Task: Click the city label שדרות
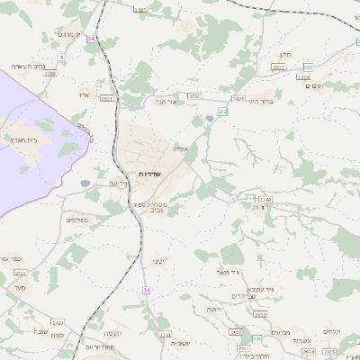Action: (x=148, y=173)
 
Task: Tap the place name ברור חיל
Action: (x=260, y=101)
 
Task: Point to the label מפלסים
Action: (x=76, y=220)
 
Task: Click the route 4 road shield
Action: (x=61, y=56)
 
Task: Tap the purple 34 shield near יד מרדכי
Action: (x=91, y=38)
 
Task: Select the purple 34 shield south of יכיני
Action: (x=146, y=290)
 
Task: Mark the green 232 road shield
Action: (x=222, y=111)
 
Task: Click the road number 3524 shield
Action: (x=304, y=76)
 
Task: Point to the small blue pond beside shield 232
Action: (x=210, y=118)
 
